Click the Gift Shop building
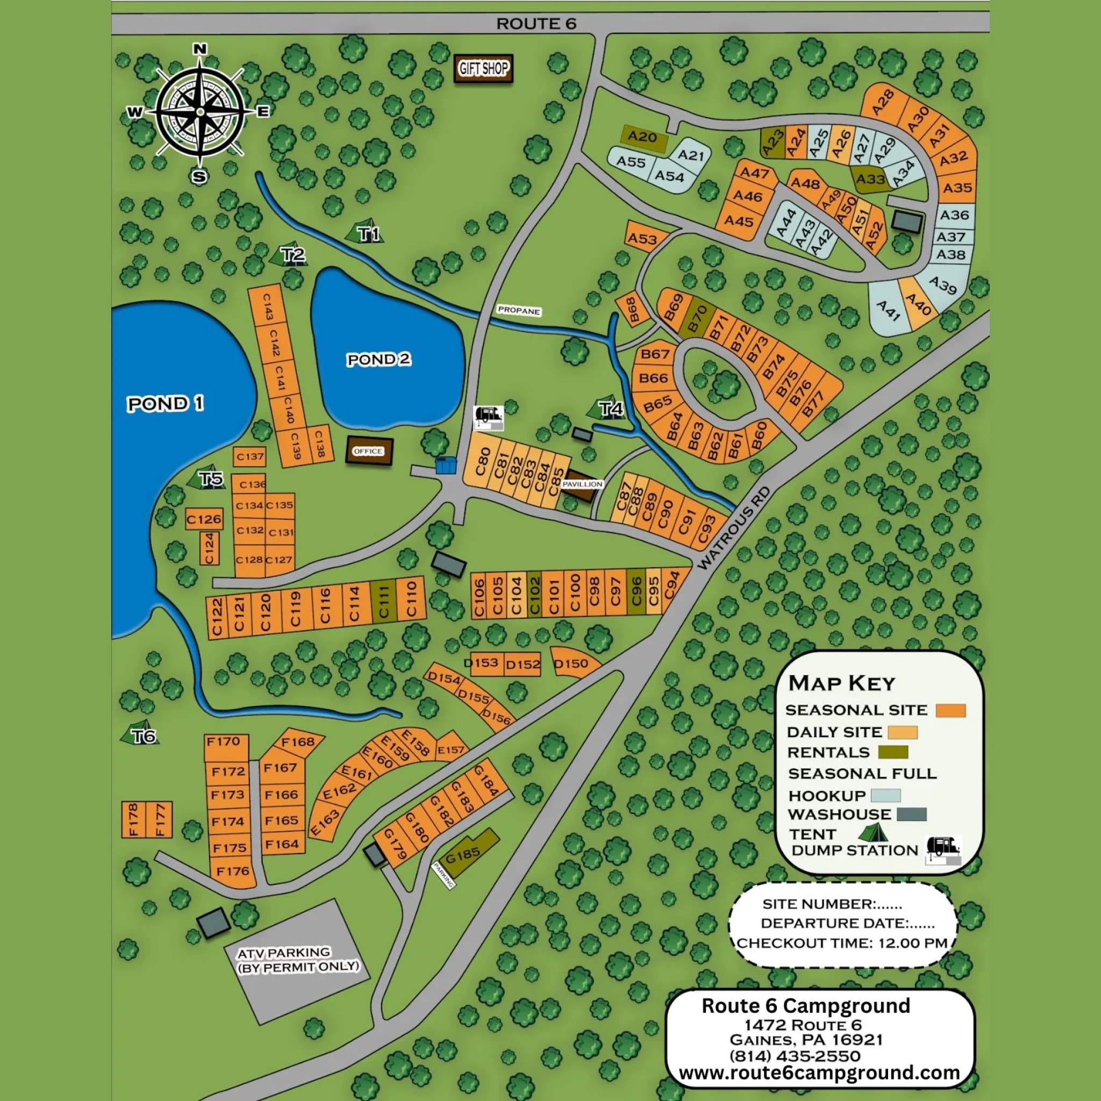(x=483, y=69)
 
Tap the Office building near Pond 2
(x=369, y=451)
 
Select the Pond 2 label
(x=379, y=360)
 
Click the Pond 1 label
(x=165, y=404)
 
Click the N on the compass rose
(x=200, y=49)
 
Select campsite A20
(x=642, y=137)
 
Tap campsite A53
(x=642, y=239)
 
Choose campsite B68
(x=632, y=311)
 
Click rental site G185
(x=463, y=855)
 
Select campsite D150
(x=571, y=663)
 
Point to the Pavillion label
(x=582, y=484)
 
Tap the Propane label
(x=519, y=311)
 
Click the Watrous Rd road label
(x=733, y=528)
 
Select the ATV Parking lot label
(x=298, y=959)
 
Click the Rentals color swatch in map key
(x=893, y=752)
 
